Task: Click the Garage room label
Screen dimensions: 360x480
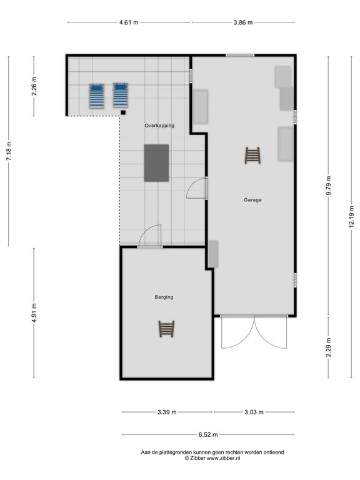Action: pos(252,200)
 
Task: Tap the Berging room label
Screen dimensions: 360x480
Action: pos(164,297)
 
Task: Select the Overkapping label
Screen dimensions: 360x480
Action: pos(159,126)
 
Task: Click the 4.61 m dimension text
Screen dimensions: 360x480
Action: pos(129,22)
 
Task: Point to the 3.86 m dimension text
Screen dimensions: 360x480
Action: pos(243,22)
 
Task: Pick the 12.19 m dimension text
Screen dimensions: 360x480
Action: pos(351,216)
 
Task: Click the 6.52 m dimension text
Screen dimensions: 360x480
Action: pos(208,434)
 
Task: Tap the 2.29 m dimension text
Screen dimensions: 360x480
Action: pos(329,347)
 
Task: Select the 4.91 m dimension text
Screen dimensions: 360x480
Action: pos(34,312)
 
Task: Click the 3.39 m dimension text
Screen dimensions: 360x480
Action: pos(167,412)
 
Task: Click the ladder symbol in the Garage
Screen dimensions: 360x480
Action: pos(252,156)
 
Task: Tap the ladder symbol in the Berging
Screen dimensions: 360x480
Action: pos(166,329)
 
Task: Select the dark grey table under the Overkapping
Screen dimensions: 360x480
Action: pos(156,163)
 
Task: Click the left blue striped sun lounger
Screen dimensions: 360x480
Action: pos(96,96)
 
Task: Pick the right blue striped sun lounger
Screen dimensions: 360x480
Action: pos(121,95)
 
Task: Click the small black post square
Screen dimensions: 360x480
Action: pos(123,112)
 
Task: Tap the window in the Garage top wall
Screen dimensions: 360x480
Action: pos(240,56)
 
